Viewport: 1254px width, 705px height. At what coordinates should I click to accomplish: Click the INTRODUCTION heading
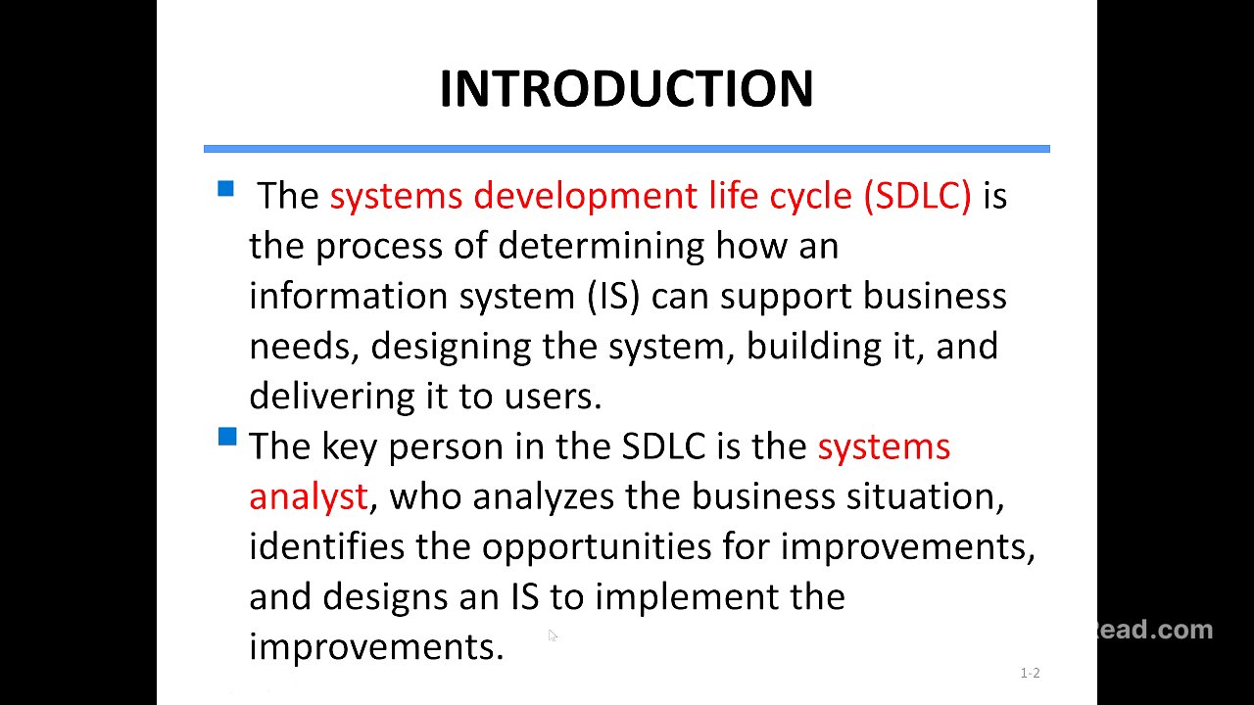(x=626, y=89)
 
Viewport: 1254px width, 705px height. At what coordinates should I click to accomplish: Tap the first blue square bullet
(x=226, y=189)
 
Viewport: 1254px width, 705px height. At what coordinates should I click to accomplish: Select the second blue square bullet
(x=227, y=437)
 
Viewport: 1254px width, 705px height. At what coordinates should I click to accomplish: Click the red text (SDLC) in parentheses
(x=917, y=196)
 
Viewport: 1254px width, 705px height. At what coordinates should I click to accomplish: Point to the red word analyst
(x=308, y=496)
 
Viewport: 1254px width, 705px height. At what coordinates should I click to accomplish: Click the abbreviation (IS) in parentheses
(x=613, y=296)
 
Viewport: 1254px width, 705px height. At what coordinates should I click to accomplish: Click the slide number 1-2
(x=1030, y=673)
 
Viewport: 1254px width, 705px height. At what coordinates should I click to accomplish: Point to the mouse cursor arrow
(x=553, y=636)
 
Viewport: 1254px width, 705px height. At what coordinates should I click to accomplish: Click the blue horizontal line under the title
(x=626, y=149)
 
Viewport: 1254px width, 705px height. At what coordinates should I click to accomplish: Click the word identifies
(x=326, y=546)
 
